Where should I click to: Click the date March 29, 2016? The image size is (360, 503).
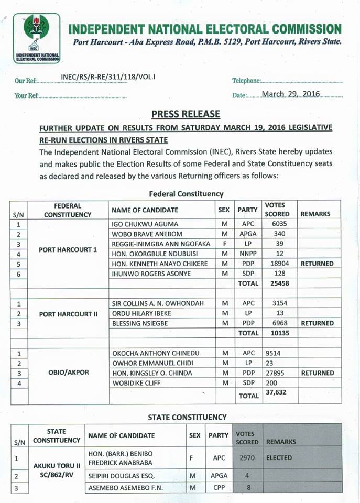(x=291, y=94)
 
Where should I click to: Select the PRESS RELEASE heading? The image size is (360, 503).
(x=186, y=114)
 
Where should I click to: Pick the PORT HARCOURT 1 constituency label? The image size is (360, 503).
(x=68, y=249)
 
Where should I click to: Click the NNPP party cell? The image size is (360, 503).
(x=247, y=254)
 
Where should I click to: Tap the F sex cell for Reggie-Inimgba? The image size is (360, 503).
(x=223, y=244)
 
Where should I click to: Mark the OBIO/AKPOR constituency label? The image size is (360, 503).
(x=68, y=373)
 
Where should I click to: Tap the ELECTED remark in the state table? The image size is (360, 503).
(x=279, y=457)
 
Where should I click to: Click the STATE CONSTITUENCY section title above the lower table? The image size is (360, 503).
(x=187, y=417)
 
